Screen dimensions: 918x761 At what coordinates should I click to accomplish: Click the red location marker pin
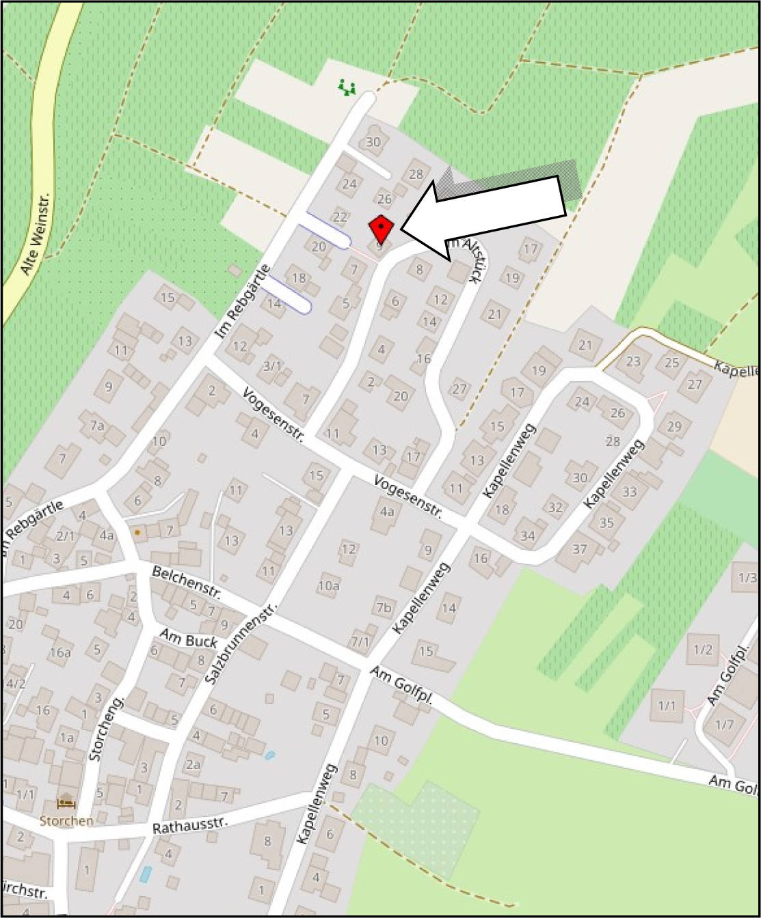coord(380,228)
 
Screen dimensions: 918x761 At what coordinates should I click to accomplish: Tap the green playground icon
coord(347,87)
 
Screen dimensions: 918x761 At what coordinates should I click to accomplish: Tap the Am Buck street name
coord(188,639)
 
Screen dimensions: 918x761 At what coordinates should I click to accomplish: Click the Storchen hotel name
coord(66,820)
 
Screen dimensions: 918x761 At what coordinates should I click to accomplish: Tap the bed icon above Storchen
coord(66,803)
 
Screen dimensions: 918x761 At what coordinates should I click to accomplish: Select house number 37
coord(579,548)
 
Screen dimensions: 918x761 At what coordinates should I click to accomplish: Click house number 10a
coord(329,585)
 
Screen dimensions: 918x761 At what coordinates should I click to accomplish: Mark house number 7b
coord(384,607)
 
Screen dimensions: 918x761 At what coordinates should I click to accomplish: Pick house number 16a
coord(59,652)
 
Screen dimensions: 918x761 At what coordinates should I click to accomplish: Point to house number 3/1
coord(272,365)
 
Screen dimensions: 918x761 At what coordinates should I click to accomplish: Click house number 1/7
coord(724,724)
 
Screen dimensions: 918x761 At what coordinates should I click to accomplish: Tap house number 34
coord(527,535)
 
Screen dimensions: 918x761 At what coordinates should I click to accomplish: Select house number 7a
coord(97,426)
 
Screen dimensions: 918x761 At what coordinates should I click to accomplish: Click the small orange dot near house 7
coord(137,531)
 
